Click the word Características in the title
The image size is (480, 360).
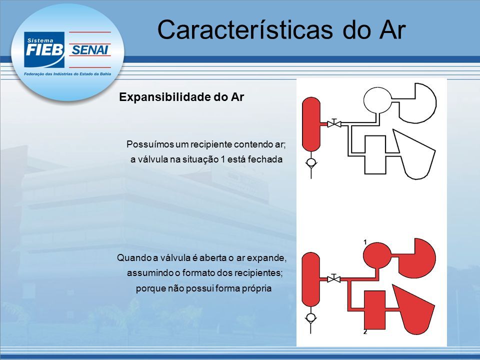[245, 30]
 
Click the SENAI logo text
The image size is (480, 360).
[89, 49]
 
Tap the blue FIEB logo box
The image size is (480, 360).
[44, 49]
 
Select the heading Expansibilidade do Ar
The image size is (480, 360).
[181, 97]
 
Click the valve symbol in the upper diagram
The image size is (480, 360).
[334, 123]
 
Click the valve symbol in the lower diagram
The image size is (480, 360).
[334, 278]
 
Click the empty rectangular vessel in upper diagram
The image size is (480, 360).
[375, 155]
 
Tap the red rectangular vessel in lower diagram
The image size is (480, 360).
[375, 310]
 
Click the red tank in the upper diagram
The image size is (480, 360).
[311, 124]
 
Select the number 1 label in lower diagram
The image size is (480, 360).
[365, 242]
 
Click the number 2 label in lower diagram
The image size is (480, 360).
[365, 332]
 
